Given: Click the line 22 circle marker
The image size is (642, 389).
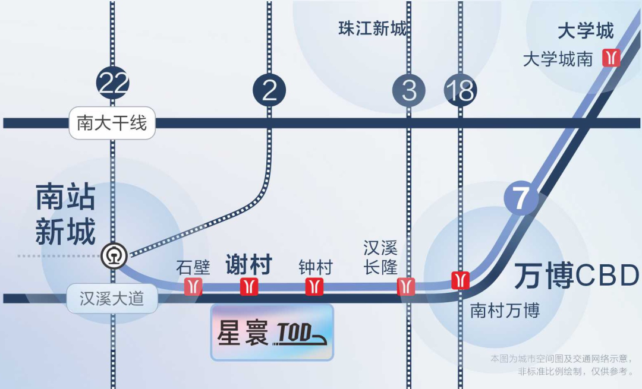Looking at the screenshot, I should click(112, 83).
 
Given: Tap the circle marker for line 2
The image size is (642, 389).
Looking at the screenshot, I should click(269, 91).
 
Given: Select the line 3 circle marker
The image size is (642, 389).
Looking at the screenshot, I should click(408, 91).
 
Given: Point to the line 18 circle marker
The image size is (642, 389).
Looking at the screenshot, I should click(460, 91).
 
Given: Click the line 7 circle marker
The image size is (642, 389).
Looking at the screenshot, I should click(521, 199).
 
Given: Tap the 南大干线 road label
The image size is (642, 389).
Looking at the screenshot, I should click(112, 123).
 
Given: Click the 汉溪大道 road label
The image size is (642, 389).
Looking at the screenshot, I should click(112, 298).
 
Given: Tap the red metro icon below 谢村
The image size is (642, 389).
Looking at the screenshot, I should click(249, 286).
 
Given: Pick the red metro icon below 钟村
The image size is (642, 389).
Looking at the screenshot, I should click(314, 286).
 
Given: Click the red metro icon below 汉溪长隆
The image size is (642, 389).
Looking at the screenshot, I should click(406, 286).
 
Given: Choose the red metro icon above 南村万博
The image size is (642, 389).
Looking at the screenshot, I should click(461, 279).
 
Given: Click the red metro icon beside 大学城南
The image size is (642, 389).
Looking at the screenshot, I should click(611, 58).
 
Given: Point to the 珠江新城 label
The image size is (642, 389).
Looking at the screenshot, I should click(373, 28).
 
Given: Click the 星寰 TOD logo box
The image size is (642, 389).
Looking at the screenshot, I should click(272, 333).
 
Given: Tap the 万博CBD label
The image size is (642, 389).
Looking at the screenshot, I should click(576, 276).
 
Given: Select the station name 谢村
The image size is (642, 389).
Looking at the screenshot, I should click(248, 264).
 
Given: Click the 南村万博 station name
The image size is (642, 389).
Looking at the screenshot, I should click(505, 311).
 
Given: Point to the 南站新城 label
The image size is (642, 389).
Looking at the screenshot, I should click(65, 214).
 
